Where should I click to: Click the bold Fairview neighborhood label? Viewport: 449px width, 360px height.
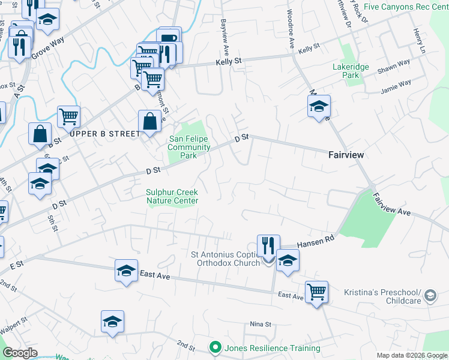coord(346,155)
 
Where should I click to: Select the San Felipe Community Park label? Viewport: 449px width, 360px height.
coord(189,147)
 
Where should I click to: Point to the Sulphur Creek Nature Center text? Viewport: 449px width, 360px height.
coord(172,197)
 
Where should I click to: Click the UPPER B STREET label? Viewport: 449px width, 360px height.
coord(104,134)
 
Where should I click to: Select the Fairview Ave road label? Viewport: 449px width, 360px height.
coord(391,205)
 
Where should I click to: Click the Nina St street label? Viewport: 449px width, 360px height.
coord(261,324)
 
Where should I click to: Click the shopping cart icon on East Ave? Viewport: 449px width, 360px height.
coord(316,292)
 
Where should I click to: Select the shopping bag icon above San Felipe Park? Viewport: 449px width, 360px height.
coord(149,121)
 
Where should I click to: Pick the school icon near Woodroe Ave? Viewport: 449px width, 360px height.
coord(318,107)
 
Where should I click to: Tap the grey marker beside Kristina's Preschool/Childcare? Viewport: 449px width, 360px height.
coord(430,295)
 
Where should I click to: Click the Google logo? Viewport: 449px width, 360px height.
coord(20,353)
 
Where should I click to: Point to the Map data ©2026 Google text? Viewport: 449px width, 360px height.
coord(412,355)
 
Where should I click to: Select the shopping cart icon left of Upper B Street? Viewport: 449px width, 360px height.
coord(69,117)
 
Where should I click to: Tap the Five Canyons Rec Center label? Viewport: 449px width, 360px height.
coord(406,7)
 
